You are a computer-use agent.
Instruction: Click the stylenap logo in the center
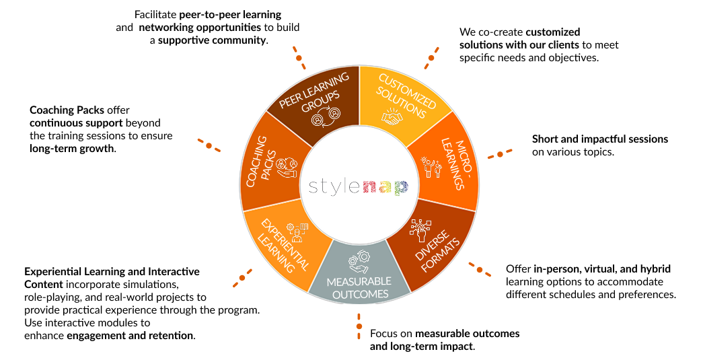click(358, 186)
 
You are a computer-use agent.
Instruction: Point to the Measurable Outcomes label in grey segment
click(359, 287)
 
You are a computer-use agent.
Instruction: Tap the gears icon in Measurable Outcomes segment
click(358, 261)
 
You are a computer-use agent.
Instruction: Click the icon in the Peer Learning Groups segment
click(324, 115)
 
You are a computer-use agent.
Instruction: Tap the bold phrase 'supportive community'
click(212, 40)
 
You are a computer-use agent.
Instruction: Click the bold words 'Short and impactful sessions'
click(600, 139)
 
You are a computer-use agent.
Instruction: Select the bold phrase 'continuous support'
click(74, 123)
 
